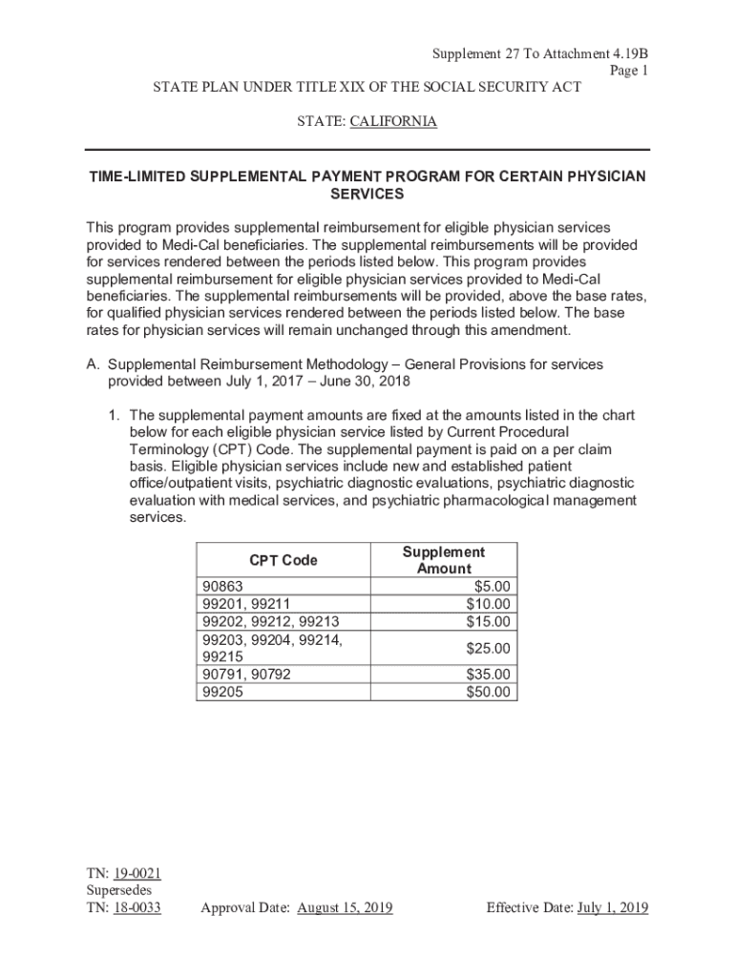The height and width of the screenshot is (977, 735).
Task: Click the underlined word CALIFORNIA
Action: point(393,122)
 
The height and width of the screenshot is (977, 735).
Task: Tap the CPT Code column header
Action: point(283,560)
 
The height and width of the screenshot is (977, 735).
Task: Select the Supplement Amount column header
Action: point(443,560)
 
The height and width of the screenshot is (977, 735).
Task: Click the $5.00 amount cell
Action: point(492,586)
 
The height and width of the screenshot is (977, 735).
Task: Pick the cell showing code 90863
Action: point(221,586)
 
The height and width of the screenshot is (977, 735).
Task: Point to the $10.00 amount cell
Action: point(488,604)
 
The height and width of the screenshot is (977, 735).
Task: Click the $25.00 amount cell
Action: point(488,649)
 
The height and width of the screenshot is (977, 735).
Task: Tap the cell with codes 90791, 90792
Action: point(245,675)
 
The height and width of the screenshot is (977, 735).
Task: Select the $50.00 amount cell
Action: point(488,693)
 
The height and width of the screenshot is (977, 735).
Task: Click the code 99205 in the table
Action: point(221,693)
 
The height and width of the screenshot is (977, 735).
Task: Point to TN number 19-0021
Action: point(136,873)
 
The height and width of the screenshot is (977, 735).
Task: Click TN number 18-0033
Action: point(136,907)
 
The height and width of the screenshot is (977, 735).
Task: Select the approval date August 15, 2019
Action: point(345,907)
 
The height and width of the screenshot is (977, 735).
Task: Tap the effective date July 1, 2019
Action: point(612,907)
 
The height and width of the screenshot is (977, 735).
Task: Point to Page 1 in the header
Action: point(630,70)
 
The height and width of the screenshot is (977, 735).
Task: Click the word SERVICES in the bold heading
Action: point(367,194)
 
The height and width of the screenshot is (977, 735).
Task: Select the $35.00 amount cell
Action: point(488,675)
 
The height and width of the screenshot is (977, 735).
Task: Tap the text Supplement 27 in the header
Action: point(473,52)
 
